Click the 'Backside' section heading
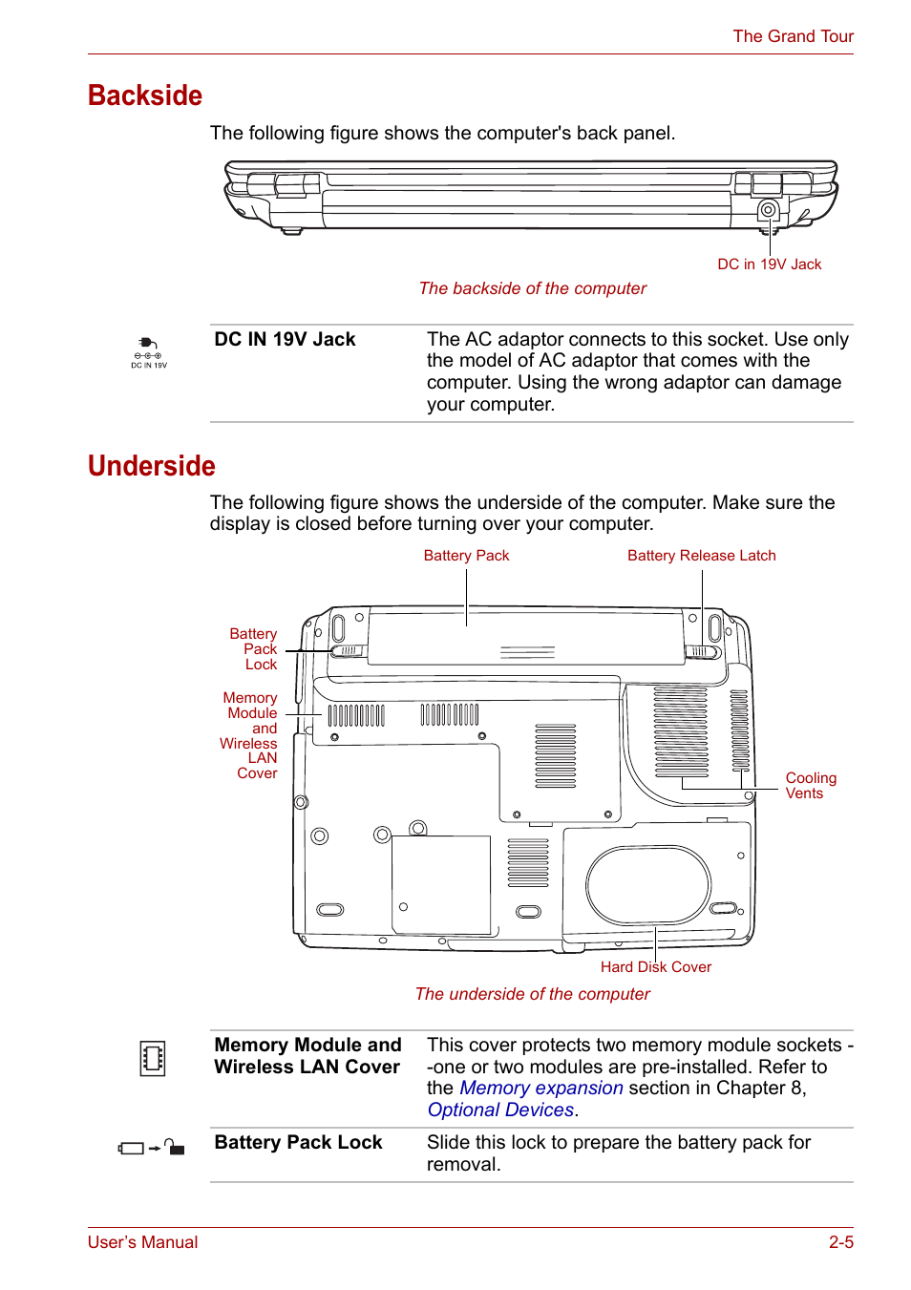(145, 95)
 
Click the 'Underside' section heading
(152, 466)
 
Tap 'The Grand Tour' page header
(793, 36)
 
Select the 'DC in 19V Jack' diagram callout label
(769, 264)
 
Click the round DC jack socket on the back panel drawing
(768, 210)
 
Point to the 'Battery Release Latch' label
(701, 556)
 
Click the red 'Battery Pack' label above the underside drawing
(466, 556)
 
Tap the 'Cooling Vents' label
(810, 786)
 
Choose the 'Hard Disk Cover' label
(655, 967)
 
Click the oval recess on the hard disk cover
(648, 884)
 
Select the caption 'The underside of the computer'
(532, 994)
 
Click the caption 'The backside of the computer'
(532, 288)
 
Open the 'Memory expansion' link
(540, 1089)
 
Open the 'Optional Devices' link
(500, 1110)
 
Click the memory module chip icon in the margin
(153, 1058)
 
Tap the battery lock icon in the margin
(151, 1148)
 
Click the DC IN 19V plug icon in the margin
(148, 350)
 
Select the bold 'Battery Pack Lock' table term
(298, 1143)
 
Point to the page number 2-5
(840, 1242)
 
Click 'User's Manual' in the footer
(143, 1242)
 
